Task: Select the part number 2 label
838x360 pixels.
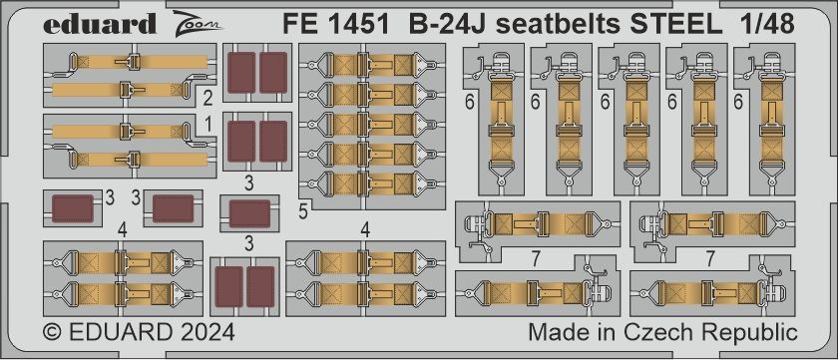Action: (207, 98)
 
